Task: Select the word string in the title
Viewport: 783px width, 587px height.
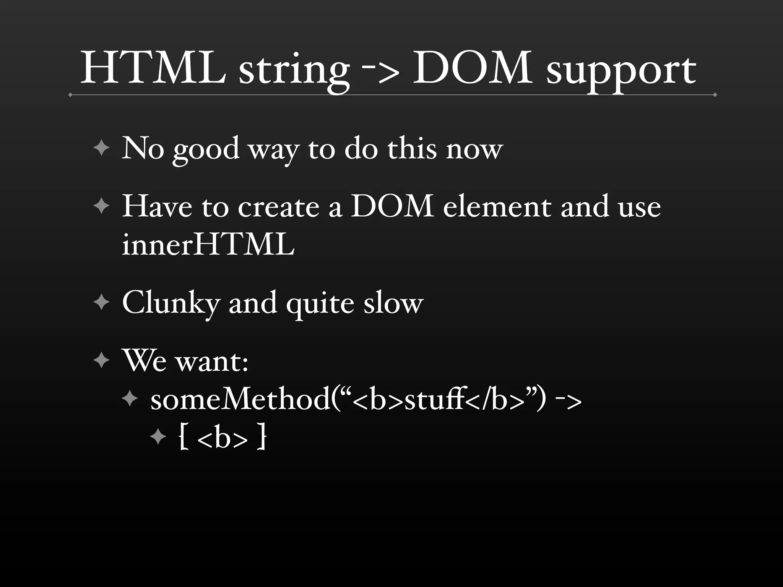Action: click(x=294, y=71)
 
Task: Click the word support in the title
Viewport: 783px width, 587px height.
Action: click(x=621, y=71)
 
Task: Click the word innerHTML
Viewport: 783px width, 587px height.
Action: click(x=208, y=245)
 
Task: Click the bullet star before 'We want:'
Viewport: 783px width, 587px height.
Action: click(x=101, y=360)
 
